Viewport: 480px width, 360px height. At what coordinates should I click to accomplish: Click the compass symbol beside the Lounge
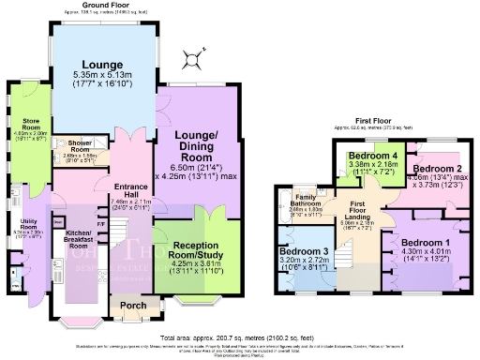click(x=192, y=63)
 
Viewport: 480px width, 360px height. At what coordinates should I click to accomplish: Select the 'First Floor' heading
click(x=375, y=120)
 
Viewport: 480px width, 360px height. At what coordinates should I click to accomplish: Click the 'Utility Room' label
click(x=28, y=227)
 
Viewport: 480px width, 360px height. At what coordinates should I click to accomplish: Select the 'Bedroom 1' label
click(x=427, y=243)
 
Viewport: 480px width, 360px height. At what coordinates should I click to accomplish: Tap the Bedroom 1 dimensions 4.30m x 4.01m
click(x=427, y=253)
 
